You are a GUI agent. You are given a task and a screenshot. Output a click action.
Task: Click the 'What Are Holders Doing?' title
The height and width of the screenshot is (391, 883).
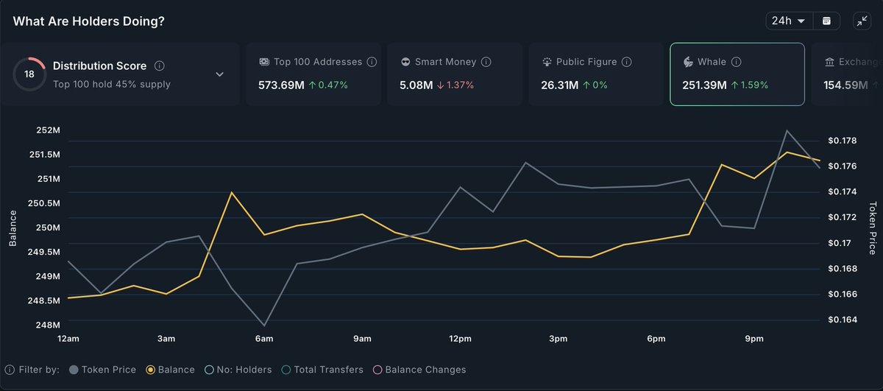[88, 21]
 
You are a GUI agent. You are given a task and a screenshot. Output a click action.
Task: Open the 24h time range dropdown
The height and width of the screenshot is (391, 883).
[789, 21]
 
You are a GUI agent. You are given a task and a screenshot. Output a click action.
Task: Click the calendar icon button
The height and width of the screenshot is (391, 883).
[826, 21]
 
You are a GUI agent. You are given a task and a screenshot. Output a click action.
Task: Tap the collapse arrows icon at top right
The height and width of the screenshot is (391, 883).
[862, 21]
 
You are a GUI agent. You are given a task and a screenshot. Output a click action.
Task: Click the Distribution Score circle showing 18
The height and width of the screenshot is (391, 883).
[29, 74]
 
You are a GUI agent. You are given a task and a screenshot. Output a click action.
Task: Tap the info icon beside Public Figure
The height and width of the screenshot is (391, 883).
[628, 63]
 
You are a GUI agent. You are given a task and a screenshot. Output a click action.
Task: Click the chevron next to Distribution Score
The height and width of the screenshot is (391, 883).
[219, 74]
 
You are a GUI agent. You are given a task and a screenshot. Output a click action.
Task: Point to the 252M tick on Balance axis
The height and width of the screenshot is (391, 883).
[48, 130]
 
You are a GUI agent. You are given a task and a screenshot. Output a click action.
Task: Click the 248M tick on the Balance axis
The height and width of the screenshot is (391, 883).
[48, 325]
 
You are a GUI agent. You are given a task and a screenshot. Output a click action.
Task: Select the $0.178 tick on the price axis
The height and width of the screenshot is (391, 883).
[842, 141]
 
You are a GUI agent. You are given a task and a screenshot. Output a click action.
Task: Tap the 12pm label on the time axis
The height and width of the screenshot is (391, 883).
[460, 339]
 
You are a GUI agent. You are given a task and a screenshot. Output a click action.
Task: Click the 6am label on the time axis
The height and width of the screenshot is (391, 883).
[264, 339]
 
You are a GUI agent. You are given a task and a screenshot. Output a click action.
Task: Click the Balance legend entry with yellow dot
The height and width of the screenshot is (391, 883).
[171, 370]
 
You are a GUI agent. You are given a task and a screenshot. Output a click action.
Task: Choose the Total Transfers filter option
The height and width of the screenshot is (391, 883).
[323, 370]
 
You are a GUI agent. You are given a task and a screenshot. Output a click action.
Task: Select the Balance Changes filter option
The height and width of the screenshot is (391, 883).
[419, 370]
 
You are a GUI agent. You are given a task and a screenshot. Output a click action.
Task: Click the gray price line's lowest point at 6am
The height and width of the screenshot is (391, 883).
[264, 325]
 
